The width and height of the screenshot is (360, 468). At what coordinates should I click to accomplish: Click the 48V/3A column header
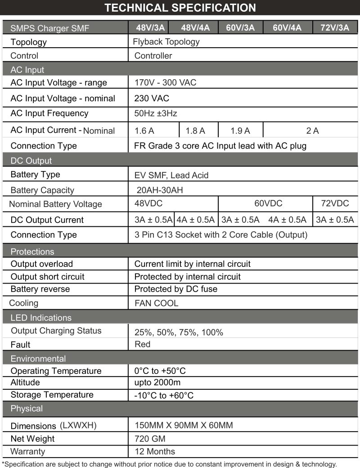[150, 27]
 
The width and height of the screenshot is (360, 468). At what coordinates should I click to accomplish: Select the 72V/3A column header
[335, 27]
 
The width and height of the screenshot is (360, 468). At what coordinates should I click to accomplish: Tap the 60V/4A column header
[287, 27]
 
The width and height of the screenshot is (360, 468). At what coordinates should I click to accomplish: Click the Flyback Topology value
[166, 42]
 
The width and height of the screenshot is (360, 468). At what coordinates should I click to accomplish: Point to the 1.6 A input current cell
[144, 131]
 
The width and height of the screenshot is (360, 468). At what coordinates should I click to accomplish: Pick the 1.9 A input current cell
[240, 131]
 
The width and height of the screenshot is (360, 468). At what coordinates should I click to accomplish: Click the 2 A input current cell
[312, 131]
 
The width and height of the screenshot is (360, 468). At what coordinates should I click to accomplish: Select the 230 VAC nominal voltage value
[152, 98]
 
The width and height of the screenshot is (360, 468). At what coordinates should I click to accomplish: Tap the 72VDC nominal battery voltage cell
[335, 203]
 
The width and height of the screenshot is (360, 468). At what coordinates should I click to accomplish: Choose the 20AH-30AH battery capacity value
[159, 190]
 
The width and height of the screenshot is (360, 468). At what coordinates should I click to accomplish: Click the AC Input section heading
[27, 70]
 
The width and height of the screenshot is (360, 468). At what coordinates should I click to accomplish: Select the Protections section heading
[32, 252]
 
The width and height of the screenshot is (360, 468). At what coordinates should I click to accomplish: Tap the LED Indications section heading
[41, 318]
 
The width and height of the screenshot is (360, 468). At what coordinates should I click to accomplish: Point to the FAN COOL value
[156, 303]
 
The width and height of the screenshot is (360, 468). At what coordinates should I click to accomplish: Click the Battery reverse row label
[40, 289]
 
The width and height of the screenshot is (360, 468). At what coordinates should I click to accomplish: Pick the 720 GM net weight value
[150, 438]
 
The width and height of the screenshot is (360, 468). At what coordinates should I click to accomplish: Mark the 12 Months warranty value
[155, 451]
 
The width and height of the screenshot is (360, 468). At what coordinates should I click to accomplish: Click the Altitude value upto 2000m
[157, 382]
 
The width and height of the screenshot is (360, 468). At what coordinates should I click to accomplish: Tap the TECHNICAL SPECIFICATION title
[180, 8]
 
